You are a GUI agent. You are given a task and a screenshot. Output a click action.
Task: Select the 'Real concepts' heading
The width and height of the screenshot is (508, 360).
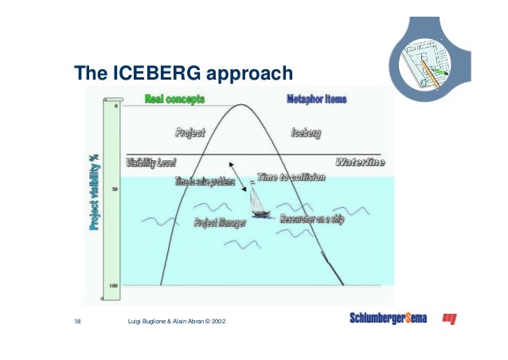[174, 100]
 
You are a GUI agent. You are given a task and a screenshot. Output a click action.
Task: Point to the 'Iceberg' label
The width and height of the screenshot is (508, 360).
[306, 133]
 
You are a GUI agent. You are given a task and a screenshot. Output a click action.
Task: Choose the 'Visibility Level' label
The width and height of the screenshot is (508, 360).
[150, 162]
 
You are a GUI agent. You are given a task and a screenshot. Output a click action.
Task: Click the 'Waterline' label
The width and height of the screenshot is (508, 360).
[359, 162]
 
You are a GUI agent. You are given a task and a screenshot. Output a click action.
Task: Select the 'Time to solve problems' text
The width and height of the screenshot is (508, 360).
[205, 182]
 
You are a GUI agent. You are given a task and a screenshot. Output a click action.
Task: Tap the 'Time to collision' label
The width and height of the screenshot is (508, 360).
[291, 177]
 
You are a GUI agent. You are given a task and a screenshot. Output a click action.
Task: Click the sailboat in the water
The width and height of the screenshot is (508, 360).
[258, 203]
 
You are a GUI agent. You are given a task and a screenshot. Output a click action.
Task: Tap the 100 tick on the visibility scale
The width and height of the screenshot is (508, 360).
[114, 284]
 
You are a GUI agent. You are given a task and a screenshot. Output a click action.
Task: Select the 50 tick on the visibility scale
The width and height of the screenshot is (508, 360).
[115, 189]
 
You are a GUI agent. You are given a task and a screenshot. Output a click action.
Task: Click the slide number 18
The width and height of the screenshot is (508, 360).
[77, 320]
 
